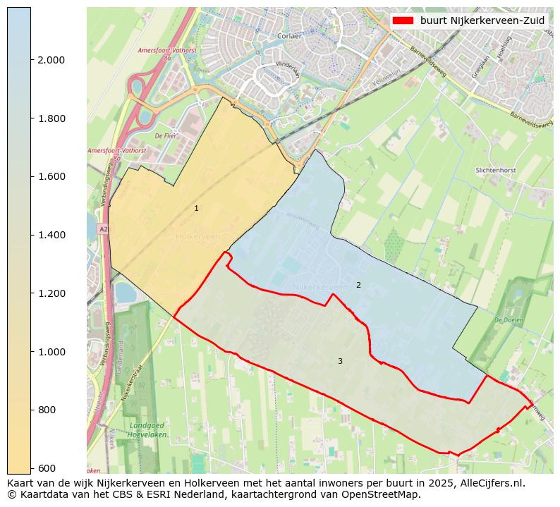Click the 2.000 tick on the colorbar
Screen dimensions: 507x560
[x=51, y=60]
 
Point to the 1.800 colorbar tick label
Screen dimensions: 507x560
[x=51, y=118]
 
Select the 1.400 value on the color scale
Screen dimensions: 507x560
[x=51, y=235]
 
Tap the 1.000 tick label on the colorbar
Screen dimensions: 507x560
[x=51, y=352]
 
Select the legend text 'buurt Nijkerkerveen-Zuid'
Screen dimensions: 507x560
[x=482, y=21]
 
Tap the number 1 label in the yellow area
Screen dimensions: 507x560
[x=196, y=209]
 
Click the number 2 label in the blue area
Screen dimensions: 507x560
[x=358, y=285]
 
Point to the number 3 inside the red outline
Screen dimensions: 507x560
[x=340, y=361]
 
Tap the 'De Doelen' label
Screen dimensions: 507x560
[x=508, y=319]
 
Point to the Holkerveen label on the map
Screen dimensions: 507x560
[x=198, y=237]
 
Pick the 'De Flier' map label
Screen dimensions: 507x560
[x=166, y=135]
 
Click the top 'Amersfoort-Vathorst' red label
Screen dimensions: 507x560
[x=162, y=51]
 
